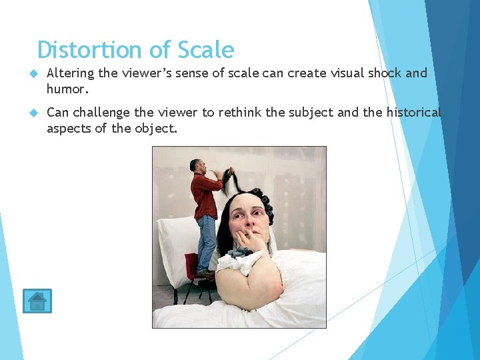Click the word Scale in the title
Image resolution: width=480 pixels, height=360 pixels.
tap(205, 50)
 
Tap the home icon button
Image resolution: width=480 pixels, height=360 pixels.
tap(37, 301)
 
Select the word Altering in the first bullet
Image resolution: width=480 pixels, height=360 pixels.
tap(70, 73)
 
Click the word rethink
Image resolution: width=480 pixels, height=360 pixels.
tap(240, 112)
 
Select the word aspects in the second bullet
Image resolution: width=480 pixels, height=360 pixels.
tap(69, 127)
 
